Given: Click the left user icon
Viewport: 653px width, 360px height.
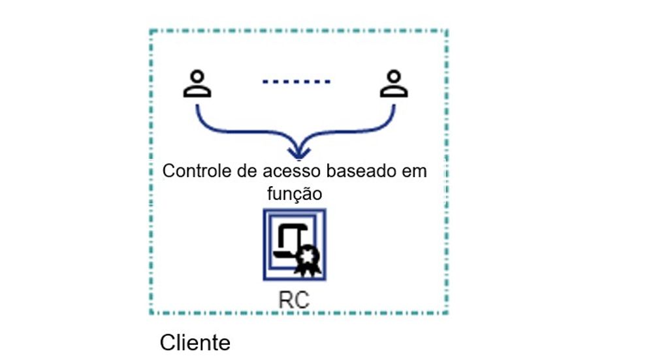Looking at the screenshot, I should click(197, 86).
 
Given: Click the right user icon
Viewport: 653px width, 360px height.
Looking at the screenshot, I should click(394, 86).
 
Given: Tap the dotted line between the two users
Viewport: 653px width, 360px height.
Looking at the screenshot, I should click(296, 82).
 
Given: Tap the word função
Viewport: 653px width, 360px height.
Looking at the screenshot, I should click(296, 194).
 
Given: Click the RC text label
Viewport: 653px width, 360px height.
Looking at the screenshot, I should click(294, 300).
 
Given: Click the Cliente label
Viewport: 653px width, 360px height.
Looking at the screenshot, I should click(195, 342).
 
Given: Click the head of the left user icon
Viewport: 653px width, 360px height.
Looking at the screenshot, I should click(197, 78).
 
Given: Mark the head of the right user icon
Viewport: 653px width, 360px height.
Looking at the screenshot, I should click(394, 78).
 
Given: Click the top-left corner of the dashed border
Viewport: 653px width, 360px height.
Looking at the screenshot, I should click(151, 31).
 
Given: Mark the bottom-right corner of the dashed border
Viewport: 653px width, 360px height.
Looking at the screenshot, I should click(447, 313).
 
